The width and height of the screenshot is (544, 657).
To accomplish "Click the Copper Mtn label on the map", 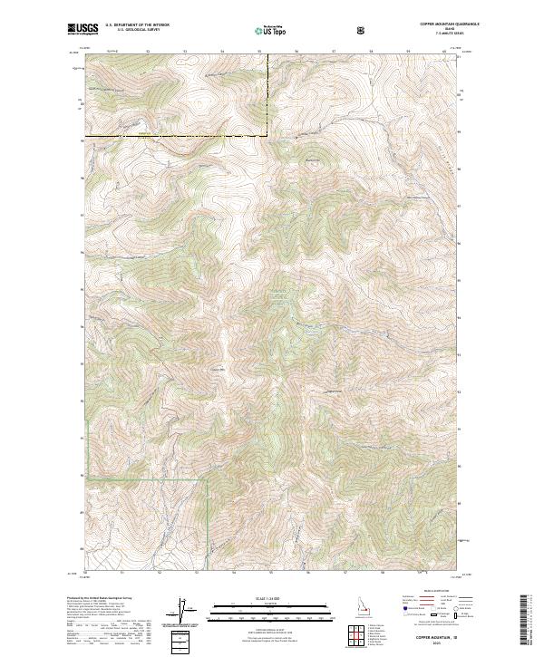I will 217,368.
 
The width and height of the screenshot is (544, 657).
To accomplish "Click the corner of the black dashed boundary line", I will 268,136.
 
